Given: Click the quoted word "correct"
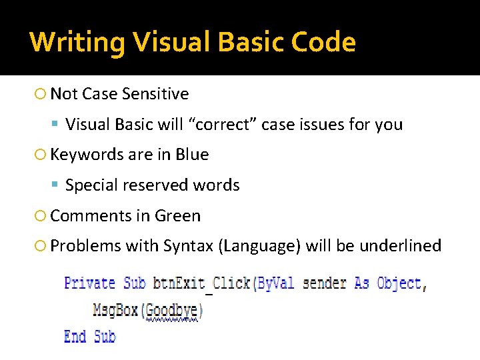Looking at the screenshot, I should click(x=224, y=125).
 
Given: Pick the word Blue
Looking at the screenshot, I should click(x=192, y=155).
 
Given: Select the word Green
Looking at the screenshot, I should click(x=177, y=216).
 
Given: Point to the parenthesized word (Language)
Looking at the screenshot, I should click(x=259, y=246).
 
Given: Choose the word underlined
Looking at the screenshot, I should click(x=400, y=246).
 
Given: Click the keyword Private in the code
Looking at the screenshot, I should click(x=89, y=283).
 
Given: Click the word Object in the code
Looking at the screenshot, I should click(x=399, y=283).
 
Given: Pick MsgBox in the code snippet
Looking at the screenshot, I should click(x=117, y=310).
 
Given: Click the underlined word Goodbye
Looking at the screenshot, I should click(x=171, y=311).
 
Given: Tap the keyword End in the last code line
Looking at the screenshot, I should click(x=75, y=337).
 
